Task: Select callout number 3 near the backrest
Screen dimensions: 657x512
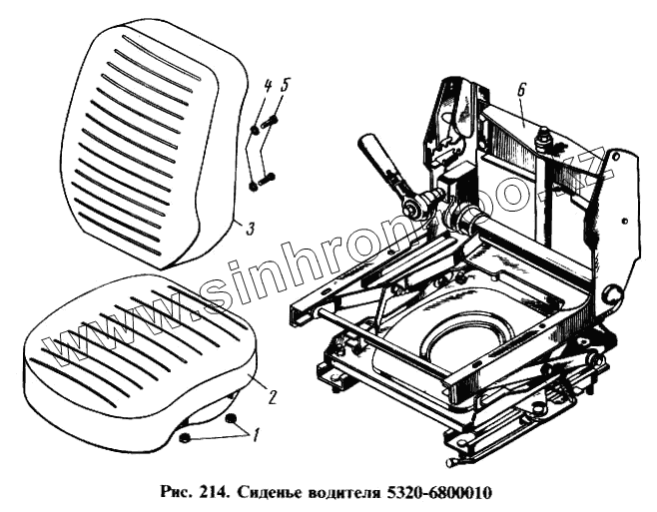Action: (x=251, y=229)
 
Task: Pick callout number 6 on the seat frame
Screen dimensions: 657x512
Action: (x=521, y=90)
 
